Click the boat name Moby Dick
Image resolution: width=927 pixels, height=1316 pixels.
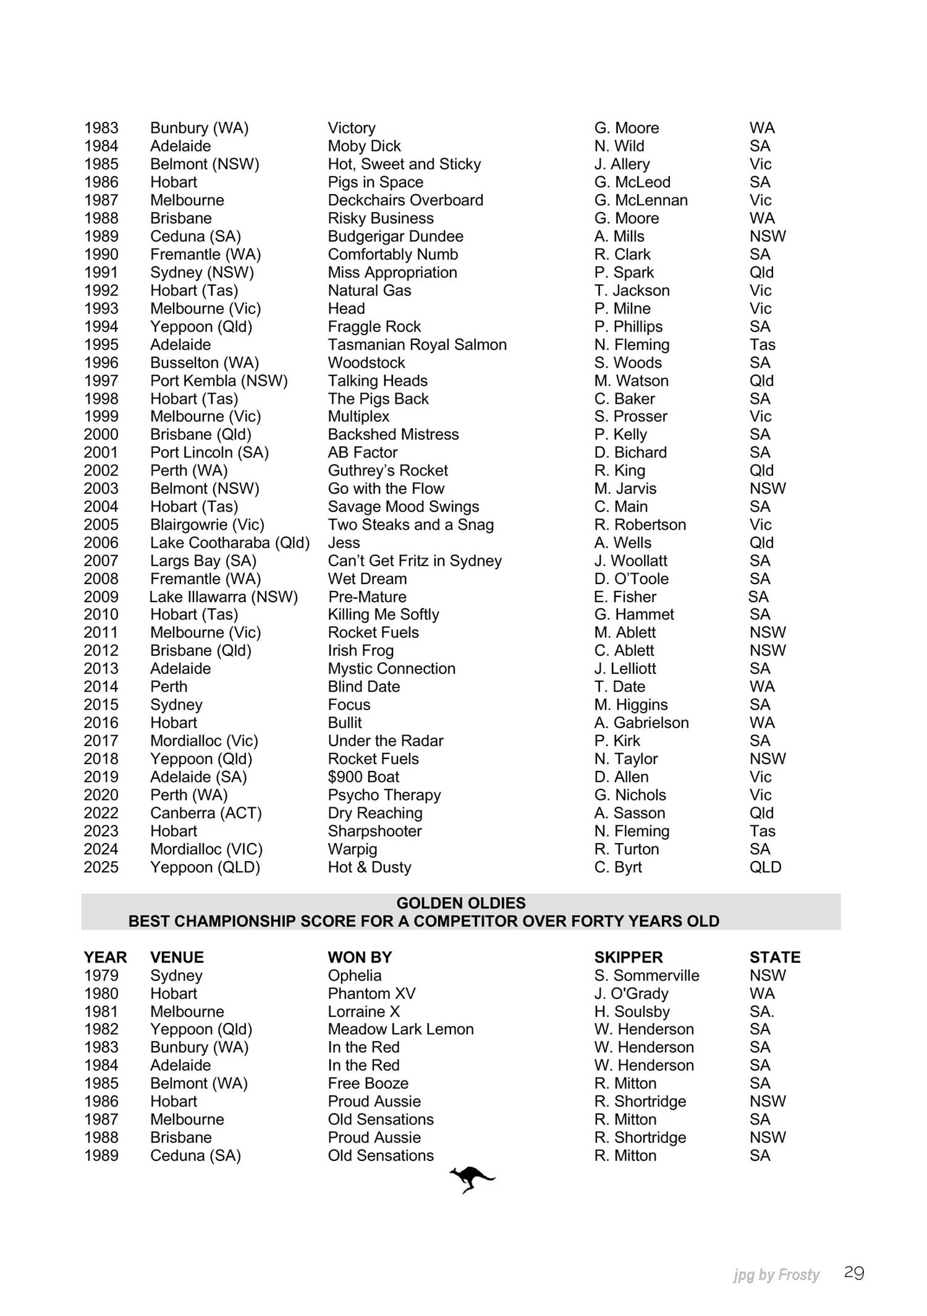(x=364, y=146)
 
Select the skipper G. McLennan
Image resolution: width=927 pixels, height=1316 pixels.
(x=640, y=200)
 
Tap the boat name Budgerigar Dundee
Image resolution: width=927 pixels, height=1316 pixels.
(x=395, y=236)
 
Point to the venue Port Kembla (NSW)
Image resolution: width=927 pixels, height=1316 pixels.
(x=219, y=381)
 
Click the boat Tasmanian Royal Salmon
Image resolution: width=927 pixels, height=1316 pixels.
(x=417, y=344)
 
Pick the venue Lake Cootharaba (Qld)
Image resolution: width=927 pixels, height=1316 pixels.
(x=229, y=543)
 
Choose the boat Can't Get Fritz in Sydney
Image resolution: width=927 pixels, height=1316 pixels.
(x=414, y=561)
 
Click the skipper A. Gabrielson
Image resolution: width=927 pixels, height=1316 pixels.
(x=641, y=723)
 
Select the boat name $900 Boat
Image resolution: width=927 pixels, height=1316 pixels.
(x=363, y=777)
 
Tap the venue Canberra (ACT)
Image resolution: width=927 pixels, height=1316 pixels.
(x=206, y=813)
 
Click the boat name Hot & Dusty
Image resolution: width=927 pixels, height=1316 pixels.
(x=369, y=867)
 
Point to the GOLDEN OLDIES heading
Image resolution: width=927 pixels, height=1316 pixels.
(x=461, y=903)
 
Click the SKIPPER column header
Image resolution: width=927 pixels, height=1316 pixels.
(x=628, y=957)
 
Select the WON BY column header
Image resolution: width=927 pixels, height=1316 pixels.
(x=360, y=957)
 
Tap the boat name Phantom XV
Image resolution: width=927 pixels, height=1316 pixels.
(x=371, y=993)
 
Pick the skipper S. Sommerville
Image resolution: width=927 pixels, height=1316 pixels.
(x=646, y=975)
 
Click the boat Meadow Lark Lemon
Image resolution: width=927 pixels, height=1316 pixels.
(x=400, y=1029)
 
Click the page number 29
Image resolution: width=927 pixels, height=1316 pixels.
(x=853, y=1273)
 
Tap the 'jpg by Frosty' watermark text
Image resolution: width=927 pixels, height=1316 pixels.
(x=776, y=1275)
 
